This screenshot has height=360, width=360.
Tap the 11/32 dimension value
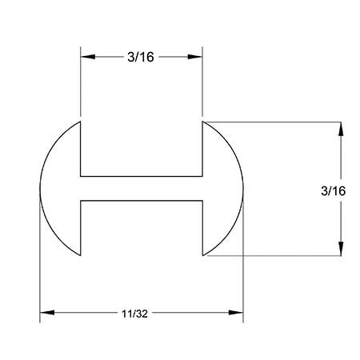tap(140, 313)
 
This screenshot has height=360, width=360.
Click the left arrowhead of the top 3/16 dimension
tap(87, 57)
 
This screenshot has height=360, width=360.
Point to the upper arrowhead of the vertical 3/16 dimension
tap(342, 129)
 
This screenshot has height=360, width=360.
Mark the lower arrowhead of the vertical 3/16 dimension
tap(342, 249)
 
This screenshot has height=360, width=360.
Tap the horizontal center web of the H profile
tap(141, 189)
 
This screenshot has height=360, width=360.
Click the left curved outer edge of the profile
tap(42, 189)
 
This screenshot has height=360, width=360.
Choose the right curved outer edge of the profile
tap(242, 189)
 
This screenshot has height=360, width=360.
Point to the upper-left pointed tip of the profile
tap(80, 122)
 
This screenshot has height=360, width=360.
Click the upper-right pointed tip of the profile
tap(202, 122)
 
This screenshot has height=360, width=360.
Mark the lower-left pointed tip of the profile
tap(80, 256)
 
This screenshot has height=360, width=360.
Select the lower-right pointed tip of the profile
tap(202, 256)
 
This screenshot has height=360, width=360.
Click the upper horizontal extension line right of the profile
tap(280, 122)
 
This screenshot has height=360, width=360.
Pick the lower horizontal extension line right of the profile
tap(280, 256)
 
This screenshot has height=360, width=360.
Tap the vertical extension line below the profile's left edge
tap(40, 272)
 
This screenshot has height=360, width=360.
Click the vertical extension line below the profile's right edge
tap(243, 272)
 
